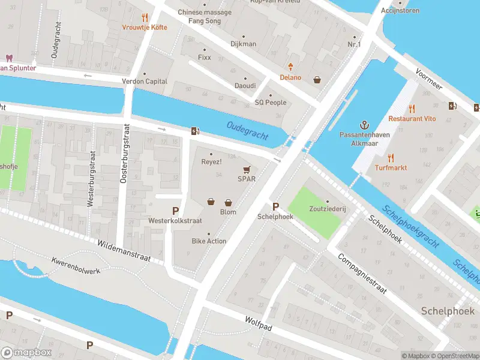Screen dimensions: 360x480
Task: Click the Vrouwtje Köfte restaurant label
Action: [x=144, y=28]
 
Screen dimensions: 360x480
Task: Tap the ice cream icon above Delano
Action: [x=291, y=66]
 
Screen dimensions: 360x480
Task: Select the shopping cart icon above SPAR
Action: [x=246, y=169]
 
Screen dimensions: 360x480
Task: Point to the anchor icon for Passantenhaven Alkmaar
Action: [x=364, y=124]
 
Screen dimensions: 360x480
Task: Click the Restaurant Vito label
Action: [x=412, y=119]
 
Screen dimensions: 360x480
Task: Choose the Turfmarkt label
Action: [x=391, y=167]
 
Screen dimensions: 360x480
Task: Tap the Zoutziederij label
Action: [x=327, y=211]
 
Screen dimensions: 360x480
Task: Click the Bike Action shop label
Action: [x=209, y=241]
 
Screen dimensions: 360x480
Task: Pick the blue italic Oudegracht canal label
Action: [x=248, y=130]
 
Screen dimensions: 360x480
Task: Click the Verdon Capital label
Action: [x=144, y=82]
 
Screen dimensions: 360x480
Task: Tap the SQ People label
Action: [x=271, y=103]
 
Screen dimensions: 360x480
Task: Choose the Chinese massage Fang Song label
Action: [x=204, y=16]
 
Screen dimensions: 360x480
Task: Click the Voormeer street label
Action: [x=429, y=79]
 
